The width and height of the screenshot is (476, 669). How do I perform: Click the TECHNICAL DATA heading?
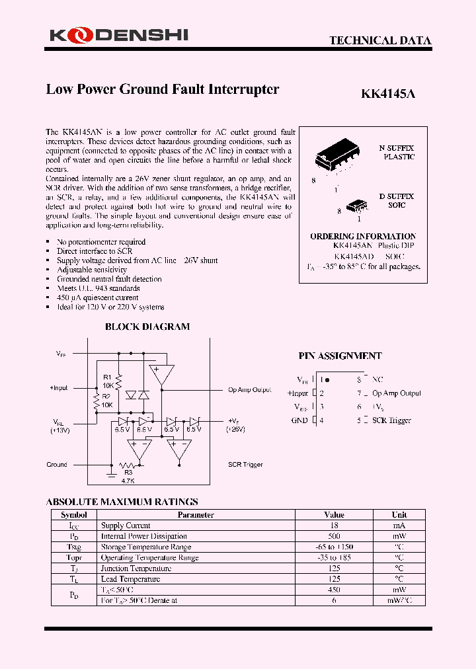tap(380, 40)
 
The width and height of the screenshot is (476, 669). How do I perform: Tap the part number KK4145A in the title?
tap(388, 94)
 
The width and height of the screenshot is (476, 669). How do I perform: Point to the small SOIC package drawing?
tap(358, 206)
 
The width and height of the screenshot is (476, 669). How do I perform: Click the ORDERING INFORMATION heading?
tap(363, 236)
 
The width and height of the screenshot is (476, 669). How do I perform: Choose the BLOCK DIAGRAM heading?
tap(147, 327)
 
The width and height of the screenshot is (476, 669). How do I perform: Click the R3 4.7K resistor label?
tap(128, 477)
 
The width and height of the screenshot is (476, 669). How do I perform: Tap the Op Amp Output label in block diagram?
tap(249, 390)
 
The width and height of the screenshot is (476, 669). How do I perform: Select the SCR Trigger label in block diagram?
tap(245, 465)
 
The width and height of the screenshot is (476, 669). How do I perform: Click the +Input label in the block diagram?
tap(58, 388)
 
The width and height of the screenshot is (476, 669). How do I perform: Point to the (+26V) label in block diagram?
tap(236, 429)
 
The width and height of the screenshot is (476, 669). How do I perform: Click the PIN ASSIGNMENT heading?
tap(340, 356)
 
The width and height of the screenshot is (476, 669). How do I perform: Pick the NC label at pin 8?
tap(377, 380)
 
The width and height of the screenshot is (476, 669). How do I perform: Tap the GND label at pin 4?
tap(299, 420)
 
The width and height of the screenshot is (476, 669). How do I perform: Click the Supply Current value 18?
tap(334, 526)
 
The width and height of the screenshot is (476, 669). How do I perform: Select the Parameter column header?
tap(196, 514)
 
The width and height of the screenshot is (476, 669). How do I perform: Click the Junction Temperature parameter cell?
tap(136, 569)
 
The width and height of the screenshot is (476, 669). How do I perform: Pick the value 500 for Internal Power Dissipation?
tap(334, 536)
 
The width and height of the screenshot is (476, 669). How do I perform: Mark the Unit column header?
tap(399, 514)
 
